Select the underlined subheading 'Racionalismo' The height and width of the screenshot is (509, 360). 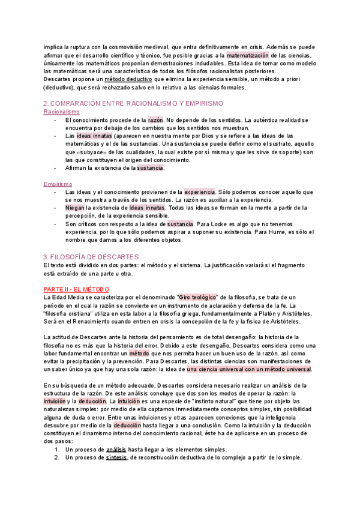(62, 112)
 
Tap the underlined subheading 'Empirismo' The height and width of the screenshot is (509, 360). (58, 184)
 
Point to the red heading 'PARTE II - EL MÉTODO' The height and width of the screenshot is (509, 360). (77, 289)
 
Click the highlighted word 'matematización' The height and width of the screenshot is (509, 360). (247, 55)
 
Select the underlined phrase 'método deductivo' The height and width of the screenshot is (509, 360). (128, 79)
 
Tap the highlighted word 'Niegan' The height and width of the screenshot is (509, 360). (75, 208)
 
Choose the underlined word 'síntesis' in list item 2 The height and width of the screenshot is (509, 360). (116, 457)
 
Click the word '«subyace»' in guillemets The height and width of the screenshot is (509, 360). (86, 152)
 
